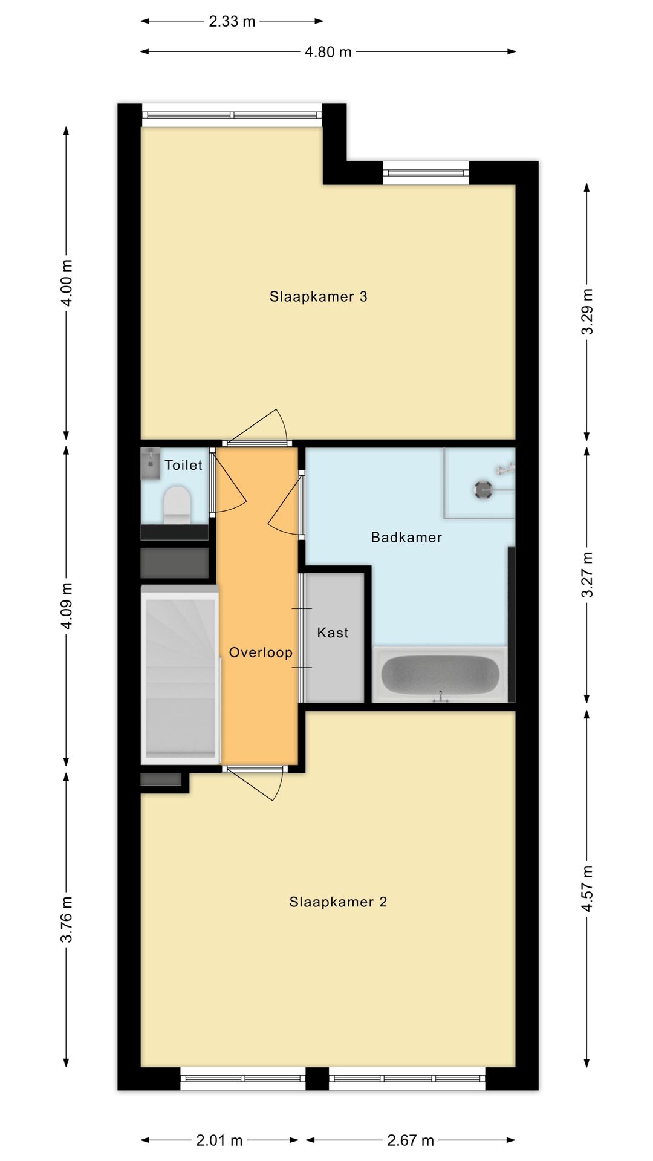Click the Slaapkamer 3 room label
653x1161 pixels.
pyautogui.click(x=318, y=296)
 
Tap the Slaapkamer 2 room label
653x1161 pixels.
pyautogui.click(x=338, y=902)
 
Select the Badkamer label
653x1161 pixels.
pyautogui.click(x=406, y=537)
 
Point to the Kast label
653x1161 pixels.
pyautogui.click(x=333, y=633)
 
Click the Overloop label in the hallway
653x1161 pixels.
pyautogui.click(x=261, y=652)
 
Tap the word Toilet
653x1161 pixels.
pyautogui.click(x=183, y=465)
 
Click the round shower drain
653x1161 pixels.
pyautogui.click(x=483, y=490)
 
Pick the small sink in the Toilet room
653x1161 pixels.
pyautogui.click(x=151, y=464)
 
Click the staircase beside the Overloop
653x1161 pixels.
pyautogui.click(x=180, y=674)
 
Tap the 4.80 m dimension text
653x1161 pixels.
pyautogui.click(x=328, y=52)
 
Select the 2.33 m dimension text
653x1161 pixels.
pyautogui.click(x=232, y=22)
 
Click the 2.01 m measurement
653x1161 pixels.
pyautogui.click(x=219, y=1140)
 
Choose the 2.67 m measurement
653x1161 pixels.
pyautogui.click(x=411, y=1140)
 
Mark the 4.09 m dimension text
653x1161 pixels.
pyautogui.click(x=67, y=606)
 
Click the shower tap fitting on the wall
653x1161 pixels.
pyautogui.click(x=505, y=468)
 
